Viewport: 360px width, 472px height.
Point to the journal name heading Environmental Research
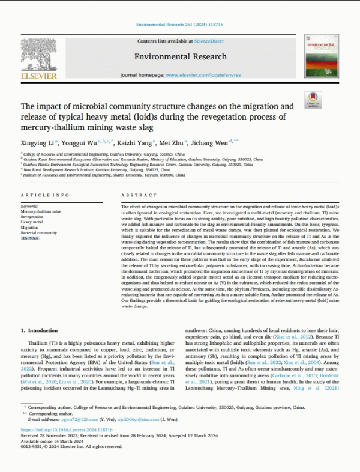pos(180,56)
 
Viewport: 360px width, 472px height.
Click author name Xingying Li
pos(37,143)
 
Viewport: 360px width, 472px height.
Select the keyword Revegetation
pos(34,217)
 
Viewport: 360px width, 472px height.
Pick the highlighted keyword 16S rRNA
pos(29,238)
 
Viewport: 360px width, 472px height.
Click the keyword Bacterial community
pos(38,233)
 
